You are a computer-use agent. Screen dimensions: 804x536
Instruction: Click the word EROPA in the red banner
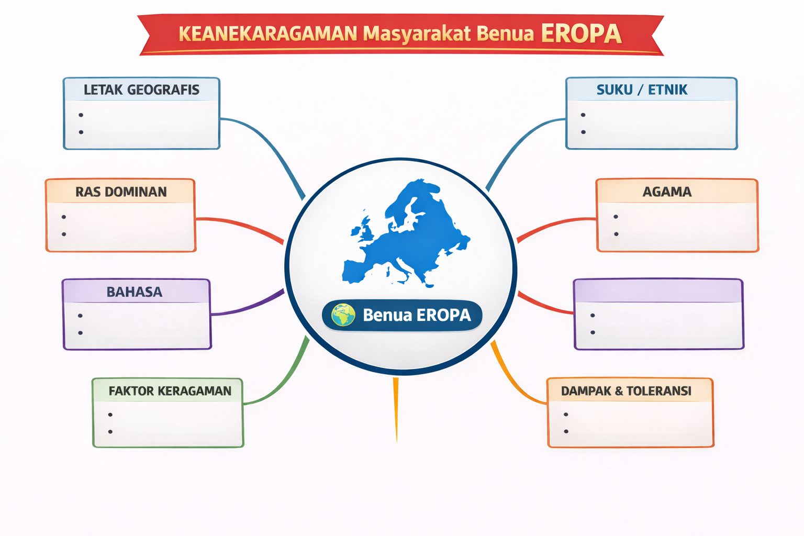[581, 33]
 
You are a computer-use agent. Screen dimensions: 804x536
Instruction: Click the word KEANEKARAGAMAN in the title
[268, 33]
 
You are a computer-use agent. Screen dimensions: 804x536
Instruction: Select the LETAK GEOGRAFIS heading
[141, 90]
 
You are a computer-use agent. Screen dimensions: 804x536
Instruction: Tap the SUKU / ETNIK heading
[642, 90]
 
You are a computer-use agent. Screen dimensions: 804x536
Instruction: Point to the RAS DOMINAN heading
[121, 192]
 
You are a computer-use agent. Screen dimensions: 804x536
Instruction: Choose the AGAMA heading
[667, 192]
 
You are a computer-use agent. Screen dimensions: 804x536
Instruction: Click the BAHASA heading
[134, 292]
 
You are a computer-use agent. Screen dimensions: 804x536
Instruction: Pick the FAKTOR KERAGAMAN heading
[170, 390]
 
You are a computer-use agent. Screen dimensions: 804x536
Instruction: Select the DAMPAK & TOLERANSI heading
[626, 390]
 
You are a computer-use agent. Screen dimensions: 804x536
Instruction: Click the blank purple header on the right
[658, 291]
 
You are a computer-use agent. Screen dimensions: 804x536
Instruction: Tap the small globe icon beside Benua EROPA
[343, 315]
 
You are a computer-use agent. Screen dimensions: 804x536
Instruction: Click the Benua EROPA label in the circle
[402, 315]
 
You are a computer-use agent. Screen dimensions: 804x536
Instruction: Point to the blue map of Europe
[406, 233]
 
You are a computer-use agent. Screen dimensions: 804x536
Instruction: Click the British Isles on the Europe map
[364, 229]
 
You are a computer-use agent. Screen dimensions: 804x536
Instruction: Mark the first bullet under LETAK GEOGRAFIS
[81, 115]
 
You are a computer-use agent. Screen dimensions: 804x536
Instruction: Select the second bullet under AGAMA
[616, 234]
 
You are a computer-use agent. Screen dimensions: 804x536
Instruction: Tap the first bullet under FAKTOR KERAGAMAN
[110, 415]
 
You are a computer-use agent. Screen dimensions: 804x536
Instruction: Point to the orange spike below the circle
[396, 409]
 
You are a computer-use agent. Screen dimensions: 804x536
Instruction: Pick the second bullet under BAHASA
[81, 333]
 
